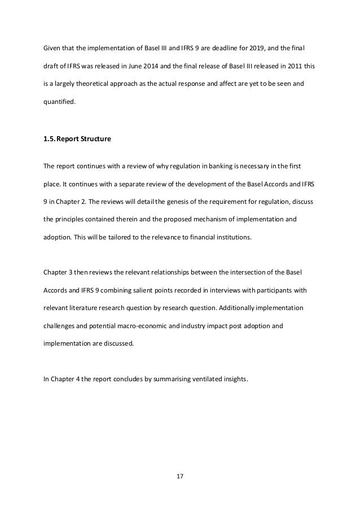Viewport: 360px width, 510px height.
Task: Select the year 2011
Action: pos(290,66)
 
